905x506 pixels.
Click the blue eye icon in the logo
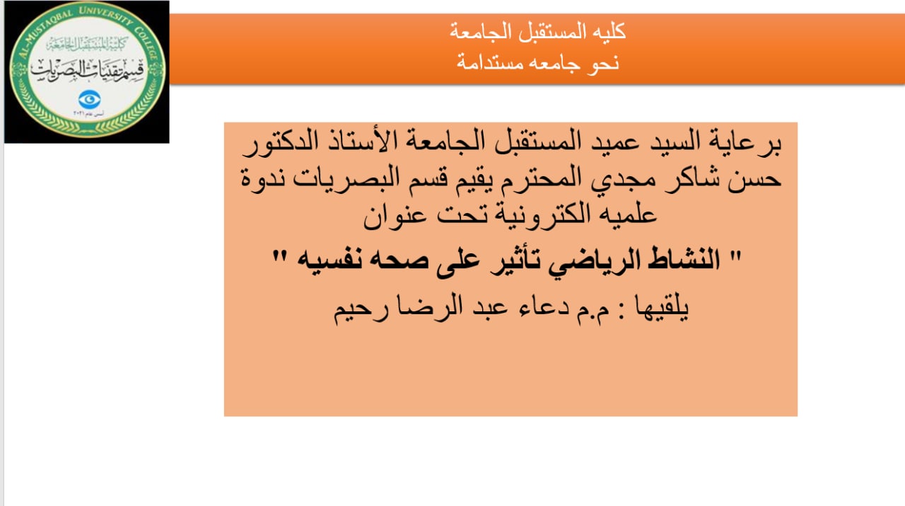[x=89, y=99]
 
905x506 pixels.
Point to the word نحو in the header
[x=603, y=62]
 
